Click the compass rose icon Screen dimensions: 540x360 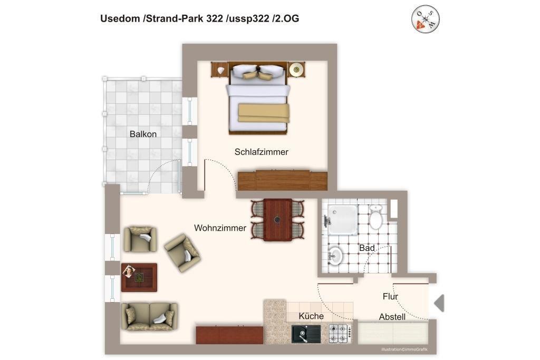426,19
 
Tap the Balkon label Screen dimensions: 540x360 143,134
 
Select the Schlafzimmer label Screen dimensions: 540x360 262,152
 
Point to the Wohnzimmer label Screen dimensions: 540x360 220,228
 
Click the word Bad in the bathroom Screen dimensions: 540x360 367,248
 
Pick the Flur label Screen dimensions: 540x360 390,296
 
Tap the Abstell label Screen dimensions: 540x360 392,317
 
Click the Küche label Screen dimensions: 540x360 311,316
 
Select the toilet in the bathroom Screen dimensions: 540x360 375,217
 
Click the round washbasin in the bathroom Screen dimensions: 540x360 335,255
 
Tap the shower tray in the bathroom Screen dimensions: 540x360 342,220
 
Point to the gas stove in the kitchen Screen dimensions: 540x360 340,334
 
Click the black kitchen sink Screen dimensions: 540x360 306,334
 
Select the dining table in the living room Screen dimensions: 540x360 277,220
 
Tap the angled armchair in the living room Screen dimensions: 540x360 182,253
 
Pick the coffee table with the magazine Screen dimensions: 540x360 139,277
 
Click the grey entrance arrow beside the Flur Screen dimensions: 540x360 439,303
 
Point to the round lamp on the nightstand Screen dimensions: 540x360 296,70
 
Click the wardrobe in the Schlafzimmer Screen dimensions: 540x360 283,180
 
